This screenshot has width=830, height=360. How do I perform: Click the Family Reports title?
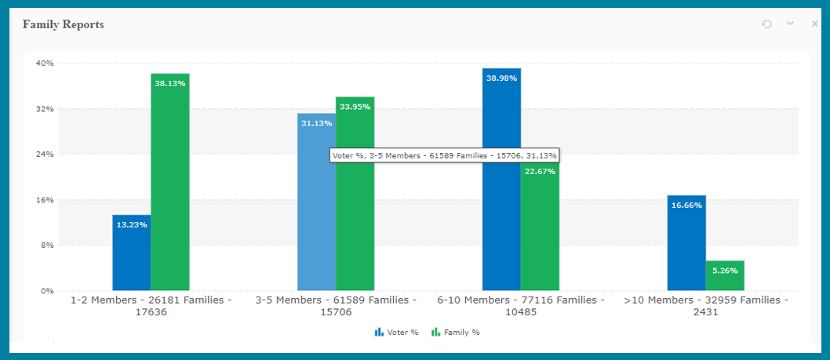pos(64,24)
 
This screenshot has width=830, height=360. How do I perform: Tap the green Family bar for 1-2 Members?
pos(170,188)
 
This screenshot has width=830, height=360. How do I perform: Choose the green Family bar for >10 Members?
pos(725,276)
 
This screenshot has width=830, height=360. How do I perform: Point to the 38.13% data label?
pos(170,83)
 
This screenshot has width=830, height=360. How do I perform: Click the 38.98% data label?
pos(501,78)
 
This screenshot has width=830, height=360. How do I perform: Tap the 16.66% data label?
pos(686,205)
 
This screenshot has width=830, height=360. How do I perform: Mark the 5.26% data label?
pos(725,271)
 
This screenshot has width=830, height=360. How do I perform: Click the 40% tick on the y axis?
pos(45,64)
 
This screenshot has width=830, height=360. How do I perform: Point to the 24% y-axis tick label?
pos(45,155)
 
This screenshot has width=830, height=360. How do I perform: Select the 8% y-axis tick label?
pos(47,245)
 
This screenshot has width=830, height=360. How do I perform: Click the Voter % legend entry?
pos(397,333)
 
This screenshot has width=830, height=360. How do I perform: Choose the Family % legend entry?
pos(456,333)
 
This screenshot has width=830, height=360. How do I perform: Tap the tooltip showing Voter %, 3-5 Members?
pos(444,155)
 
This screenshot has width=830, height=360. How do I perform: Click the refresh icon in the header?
pos(766,24)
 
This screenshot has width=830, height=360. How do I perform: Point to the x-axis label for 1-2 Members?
pos(151,306)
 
